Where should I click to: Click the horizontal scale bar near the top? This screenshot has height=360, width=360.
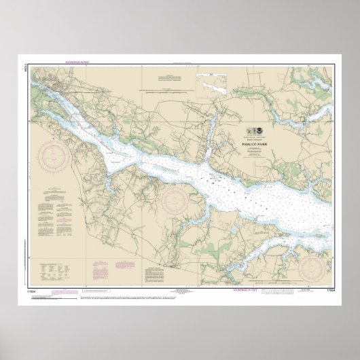click(164, 88)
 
